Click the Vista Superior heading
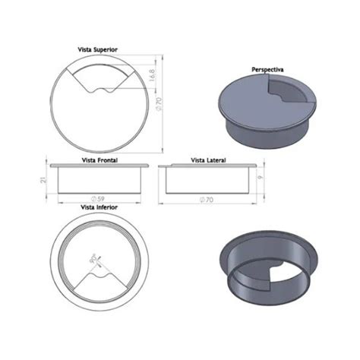click(x=97, y=49)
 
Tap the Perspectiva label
click(x=267, y=69)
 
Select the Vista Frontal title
click(x=99, y=160)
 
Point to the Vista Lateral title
click(x=208, y=160)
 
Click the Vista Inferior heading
click(x=99, y=207)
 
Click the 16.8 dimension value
click(x=152, y=75)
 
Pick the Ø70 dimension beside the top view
click(x=159, y=104)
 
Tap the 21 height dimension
click(x=44, y=180)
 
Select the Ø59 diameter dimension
click(x=98, y=199)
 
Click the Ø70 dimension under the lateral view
click(x=207, y=200)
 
